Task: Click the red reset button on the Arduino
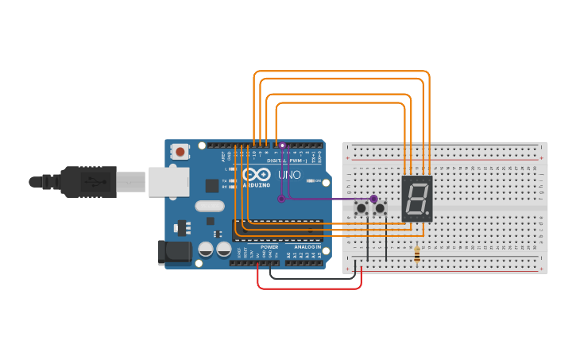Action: point(180,151)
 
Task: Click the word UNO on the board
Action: point(289,174)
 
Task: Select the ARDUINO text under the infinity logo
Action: point(257,184)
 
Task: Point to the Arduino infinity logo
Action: point(257,174)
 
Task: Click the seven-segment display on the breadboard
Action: point(416,199)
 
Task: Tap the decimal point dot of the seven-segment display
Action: point(428,216)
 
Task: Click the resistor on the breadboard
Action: point(418,254)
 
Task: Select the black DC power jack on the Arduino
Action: point(175,253)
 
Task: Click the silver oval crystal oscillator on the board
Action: point(210,207)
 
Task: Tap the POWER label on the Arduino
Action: point(269,247)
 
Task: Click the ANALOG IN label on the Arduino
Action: point(307,247)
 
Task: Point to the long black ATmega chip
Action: point(278,229)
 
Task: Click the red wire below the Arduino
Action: point(310,288)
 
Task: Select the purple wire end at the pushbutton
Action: point(373,198)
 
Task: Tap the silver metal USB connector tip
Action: point(131,182)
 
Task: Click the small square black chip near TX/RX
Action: point(212,186)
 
